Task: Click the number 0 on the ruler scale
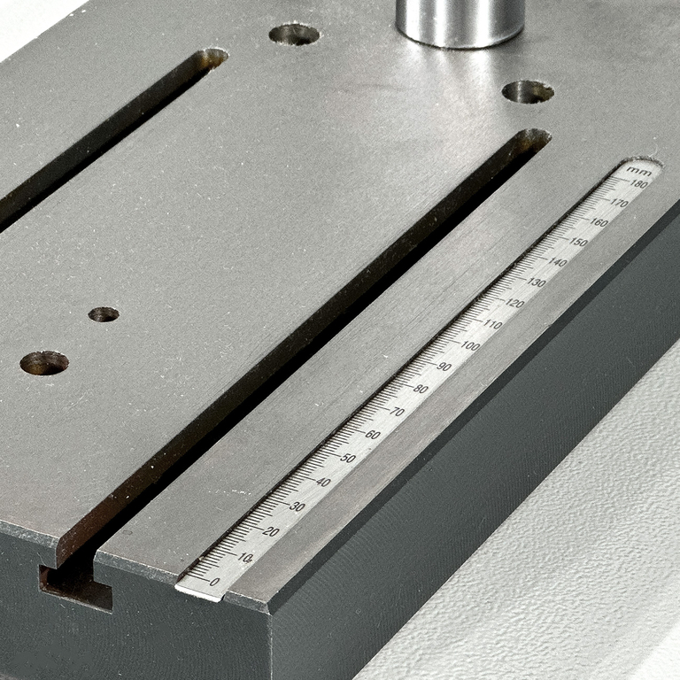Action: click(214, 582)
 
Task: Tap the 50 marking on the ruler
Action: click(347, 459)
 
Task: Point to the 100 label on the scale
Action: click(470, 345)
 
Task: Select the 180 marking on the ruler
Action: click(638, 184)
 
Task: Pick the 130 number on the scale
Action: click(537, 282)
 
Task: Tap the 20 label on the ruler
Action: click(272, 531)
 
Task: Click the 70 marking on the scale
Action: click(398, 412)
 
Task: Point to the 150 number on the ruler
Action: click(578, 242)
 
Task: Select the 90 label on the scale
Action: click(444, 367)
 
